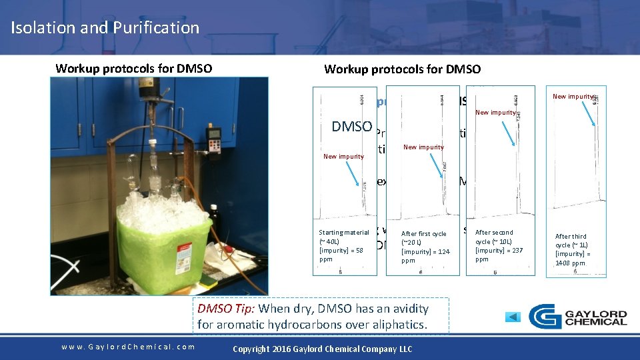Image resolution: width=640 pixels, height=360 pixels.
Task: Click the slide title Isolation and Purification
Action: [105, 27]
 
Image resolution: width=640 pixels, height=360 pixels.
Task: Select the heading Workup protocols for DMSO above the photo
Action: [134, 68]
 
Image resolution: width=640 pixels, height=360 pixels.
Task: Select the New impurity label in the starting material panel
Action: [343, 157]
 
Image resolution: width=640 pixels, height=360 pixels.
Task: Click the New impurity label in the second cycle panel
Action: [495, 113]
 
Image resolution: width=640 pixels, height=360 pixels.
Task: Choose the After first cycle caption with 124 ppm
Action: [423, 247]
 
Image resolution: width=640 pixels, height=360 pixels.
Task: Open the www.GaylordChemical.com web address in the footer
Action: [128, 346]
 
